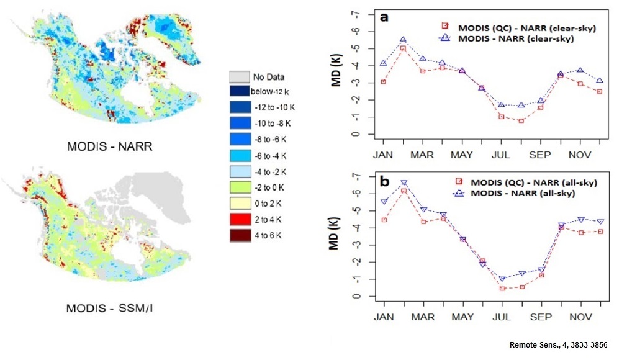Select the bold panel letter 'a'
coord(384,17)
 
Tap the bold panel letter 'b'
coord(385,181)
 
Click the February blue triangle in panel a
coord(403,40)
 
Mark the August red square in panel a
coord(521,120)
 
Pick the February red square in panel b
coord(404,191)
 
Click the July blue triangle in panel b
coord(502,279)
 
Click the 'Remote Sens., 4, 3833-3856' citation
coord(558,345)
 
